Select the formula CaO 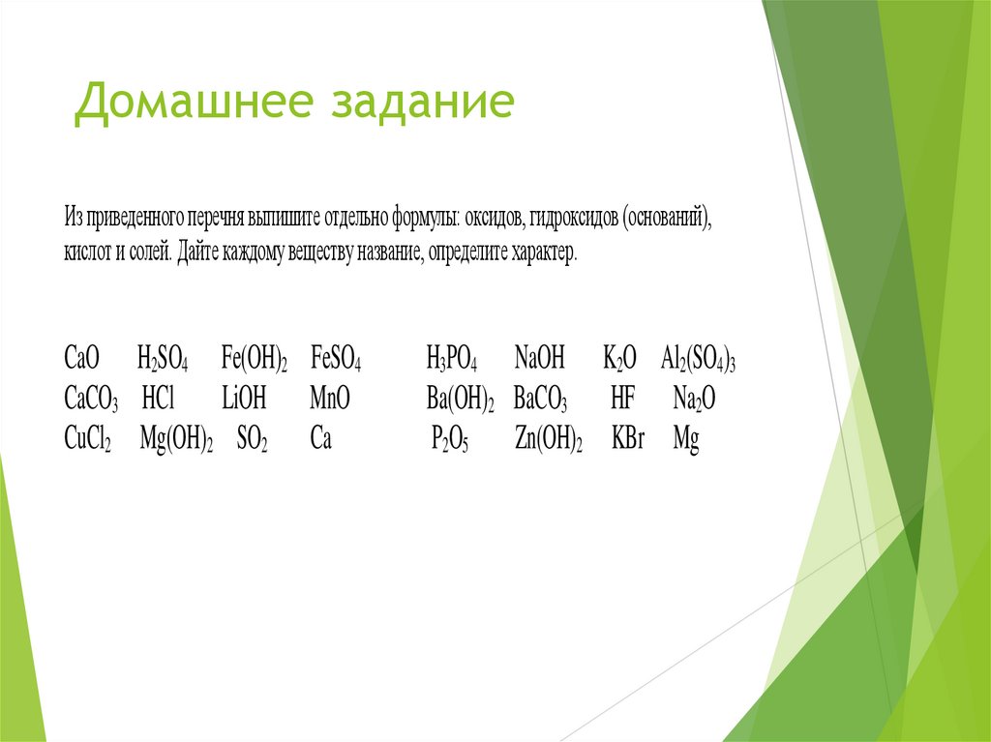pos(82,358)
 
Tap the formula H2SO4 pos(164,359)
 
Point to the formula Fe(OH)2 pos(255,359)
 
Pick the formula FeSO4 pos(336,359)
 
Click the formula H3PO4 pos(452,359)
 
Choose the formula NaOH pos(540,358)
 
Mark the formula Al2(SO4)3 pos(699,359)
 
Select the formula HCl pos(161,399)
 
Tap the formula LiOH pos(243,399)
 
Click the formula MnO pos(330,399)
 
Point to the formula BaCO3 pos(541,400)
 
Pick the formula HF pos(621,399)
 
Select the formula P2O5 pos(449,441)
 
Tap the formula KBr pos(628,440)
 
